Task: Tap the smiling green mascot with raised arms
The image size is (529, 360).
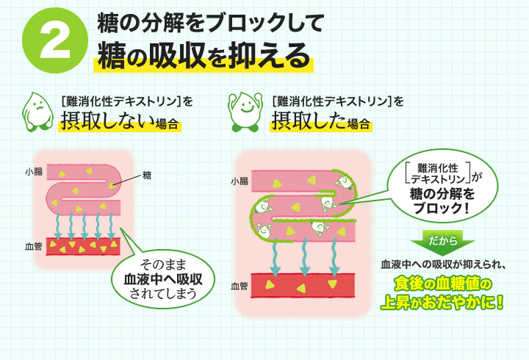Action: (247, 109)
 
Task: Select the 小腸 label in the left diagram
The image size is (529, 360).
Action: (32, 171)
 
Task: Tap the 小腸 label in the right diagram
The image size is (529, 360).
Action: (239, 180)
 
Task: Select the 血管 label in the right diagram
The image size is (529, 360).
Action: (239, 284)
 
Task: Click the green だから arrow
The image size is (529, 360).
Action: (442, 242)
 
